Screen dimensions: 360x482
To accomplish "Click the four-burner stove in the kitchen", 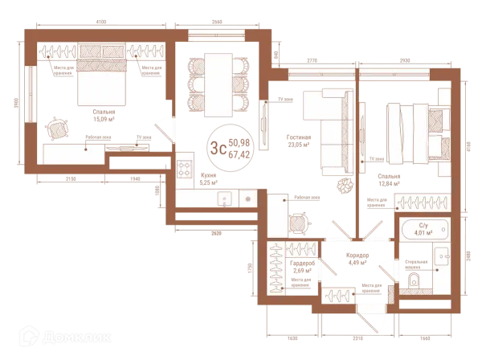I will pos(184,170).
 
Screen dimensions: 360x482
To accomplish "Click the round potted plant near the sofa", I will pos(345,183).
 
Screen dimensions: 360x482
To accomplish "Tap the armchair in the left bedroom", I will pos(56,128).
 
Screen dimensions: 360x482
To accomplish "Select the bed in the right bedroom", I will pos(413,130).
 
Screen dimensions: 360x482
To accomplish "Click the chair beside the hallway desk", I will pos(297,222).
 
